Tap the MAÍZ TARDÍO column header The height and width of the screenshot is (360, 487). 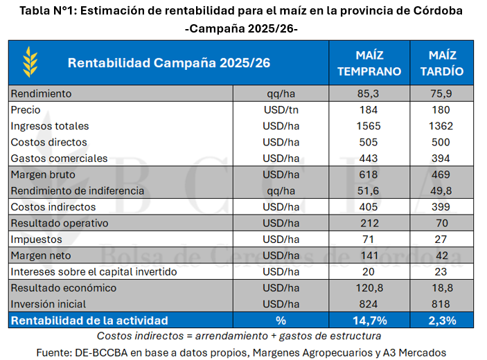(x=441, y=62)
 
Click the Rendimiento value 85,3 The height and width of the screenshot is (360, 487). (x=369, y=93)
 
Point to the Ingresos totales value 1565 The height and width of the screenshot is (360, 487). (x=369, y=126)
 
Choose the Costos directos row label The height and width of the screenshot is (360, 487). (x=49, y=142)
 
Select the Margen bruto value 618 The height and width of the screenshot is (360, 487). (x=369, y=174)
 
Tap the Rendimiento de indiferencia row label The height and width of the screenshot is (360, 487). (x=78, y=190)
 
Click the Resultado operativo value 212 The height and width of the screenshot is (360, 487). (x=369, y=223)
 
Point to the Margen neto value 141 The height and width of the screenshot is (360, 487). (x=369, y=255)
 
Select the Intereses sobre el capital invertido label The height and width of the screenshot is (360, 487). (x=94, y=271)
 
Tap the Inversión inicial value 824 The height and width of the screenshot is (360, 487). (x=369, y=303)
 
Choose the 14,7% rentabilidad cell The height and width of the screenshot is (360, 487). (x=369, y=321)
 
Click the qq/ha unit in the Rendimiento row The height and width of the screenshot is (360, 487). (x=281, y=93)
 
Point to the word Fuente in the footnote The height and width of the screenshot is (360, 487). (x=55, y=352)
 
